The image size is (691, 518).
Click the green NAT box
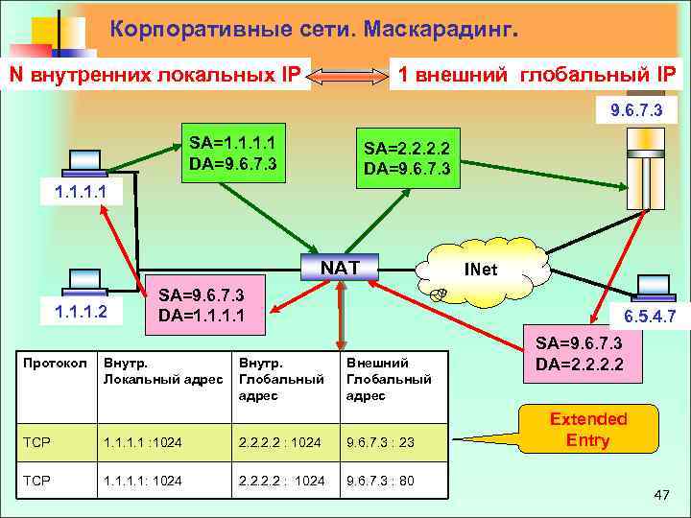coord(343,266)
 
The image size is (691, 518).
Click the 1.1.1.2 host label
coord(83,311)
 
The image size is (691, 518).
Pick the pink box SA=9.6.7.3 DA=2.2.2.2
coord(579,354)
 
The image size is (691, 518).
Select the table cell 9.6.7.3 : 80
coord(380,481)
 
